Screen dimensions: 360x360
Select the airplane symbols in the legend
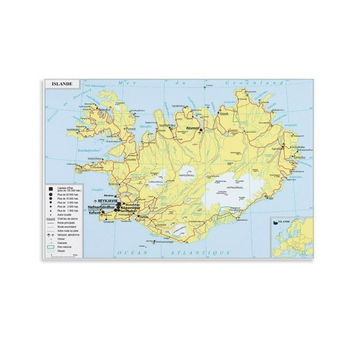click(50, 234)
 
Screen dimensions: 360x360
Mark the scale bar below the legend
click(60, 255)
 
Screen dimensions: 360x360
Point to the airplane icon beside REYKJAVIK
click(94, 201)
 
